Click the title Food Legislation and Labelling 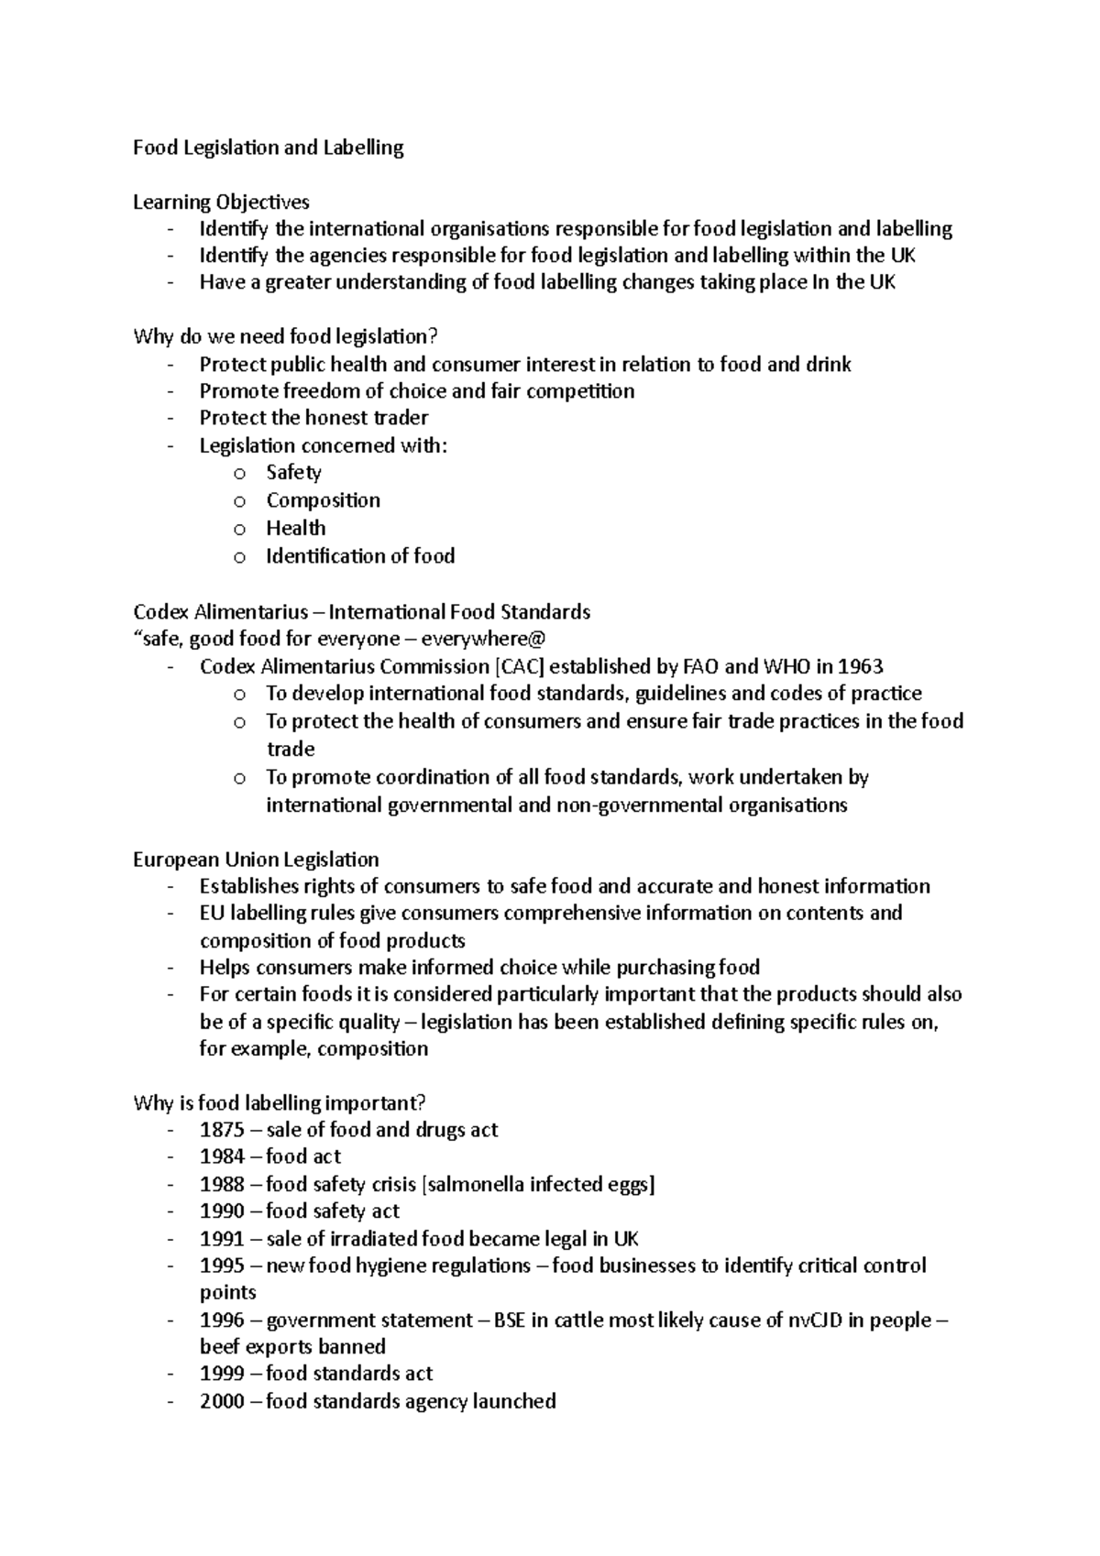click(x=268, y=148)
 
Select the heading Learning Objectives click(x=221, y=202)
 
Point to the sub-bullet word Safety click(x=293, y=473)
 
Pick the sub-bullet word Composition click(x=323, y=500)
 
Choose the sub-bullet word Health click(x=295, y=528)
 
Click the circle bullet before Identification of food click(x=239, y=557)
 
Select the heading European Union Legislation click(x=256, y=860)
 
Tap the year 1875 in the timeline click(x=222, y=1130)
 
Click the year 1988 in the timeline click(x=222, y=1184)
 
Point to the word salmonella click(x=474, y=1184)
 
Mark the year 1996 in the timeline click(x=222, y=1320)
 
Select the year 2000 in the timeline click(x=222, y=1401)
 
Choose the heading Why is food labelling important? click(x=280, y=1102)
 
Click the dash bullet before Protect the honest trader click(x=170, y=419)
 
